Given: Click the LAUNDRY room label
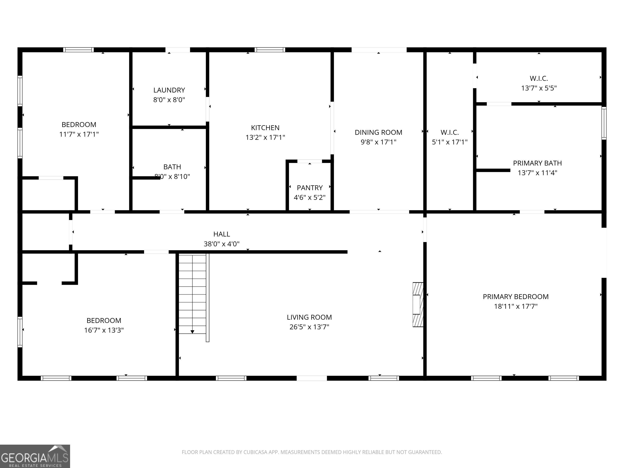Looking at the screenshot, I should pos(169,90).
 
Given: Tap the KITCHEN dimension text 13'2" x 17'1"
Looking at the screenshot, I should pos(265,137).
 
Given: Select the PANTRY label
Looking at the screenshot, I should pos(310,188).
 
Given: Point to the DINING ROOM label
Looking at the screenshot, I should pos(378,132).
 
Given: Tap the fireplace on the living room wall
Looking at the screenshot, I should pos(418,304).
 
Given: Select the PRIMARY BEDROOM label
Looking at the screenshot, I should pos(515,297).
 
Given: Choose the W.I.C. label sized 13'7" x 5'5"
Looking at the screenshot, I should pos(538,78).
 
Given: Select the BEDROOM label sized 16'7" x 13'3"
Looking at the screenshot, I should pos(104,321).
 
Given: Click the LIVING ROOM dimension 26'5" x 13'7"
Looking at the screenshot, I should pos(309,327).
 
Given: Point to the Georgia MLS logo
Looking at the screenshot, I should pos(35,456).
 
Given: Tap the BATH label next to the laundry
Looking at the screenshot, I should pos(172,167).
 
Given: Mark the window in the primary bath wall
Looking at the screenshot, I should pos(604,123).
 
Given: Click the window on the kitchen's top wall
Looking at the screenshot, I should pos(270,50).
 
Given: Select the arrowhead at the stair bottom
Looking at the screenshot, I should pos(192,332).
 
